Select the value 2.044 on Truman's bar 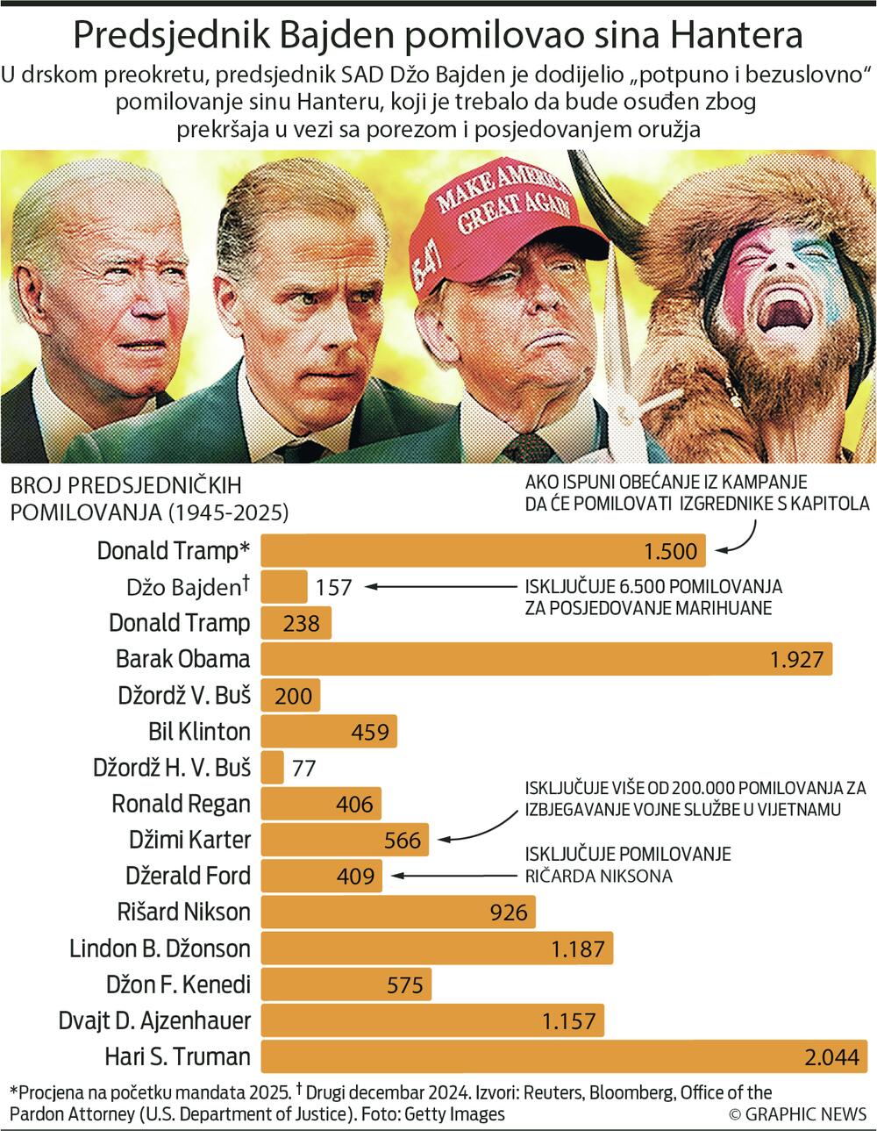(831, 1057)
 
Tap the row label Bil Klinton (199, 731)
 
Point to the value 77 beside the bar (303, 768)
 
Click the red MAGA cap (501, 220)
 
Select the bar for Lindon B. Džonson (436, 948)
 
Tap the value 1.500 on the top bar (670, 551)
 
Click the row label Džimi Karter (189, 840)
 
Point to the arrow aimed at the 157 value (438, 586)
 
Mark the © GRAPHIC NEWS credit (797, 1114)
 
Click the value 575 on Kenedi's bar (404, 984)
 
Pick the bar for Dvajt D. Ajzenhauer (431, 1020)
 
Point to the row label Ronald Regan (181, 804)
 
